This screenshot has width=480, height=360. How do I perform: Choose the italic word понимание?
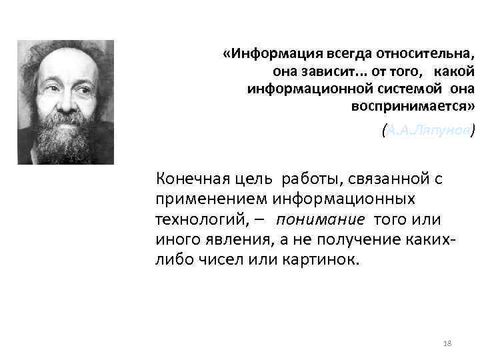[x=321, y=219]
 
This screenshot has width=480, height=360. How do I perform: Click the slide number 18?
[x=447, y=343]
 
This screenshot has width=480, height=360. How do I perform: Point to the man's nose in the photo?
[x=64, y=93]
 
